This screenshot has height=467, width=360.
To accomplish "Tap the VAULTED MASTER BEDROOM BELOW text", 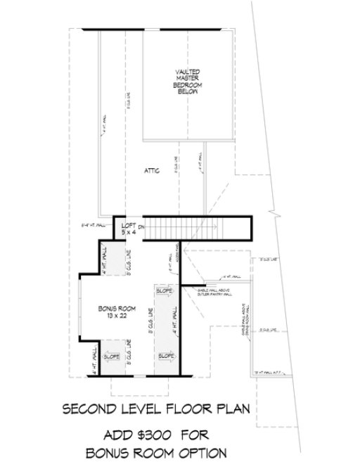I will pyautogui.click(x=188, y=81).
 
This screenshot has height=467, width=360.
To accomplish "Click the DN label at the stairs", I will pyautogui.click(x=141, y=227).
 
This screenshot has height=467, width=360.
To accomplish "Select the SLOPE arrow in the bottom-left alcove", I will pyautogui.click(x=111, y=357).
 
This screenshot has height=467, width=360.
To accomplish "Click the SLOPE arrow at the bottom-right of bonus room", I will pyautogui.click(x=166, y=357).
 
